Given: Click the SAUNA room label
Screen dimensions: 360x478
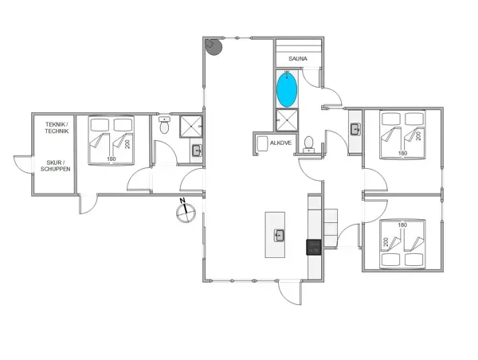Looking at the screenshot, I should [298, 59].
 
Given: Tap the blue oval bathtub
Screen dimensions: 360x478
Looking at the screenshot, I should [287, 88].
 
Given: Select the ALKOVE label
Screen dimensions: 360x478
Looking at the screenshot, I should [280, 143].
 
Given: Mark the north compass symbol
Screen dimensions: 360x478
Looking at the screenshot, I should [186, 211].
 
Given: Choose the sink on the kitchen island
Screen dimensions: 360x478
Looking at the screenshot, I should [280, 234].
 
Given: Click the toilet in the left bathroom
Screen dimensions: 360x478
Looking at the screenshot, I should [164, 126].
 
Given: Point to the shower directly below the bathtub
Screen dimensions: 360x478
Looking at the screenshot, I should [286, 119].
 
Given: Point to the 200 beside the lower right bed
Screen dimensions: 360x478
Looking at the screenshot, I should [386, 242].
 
